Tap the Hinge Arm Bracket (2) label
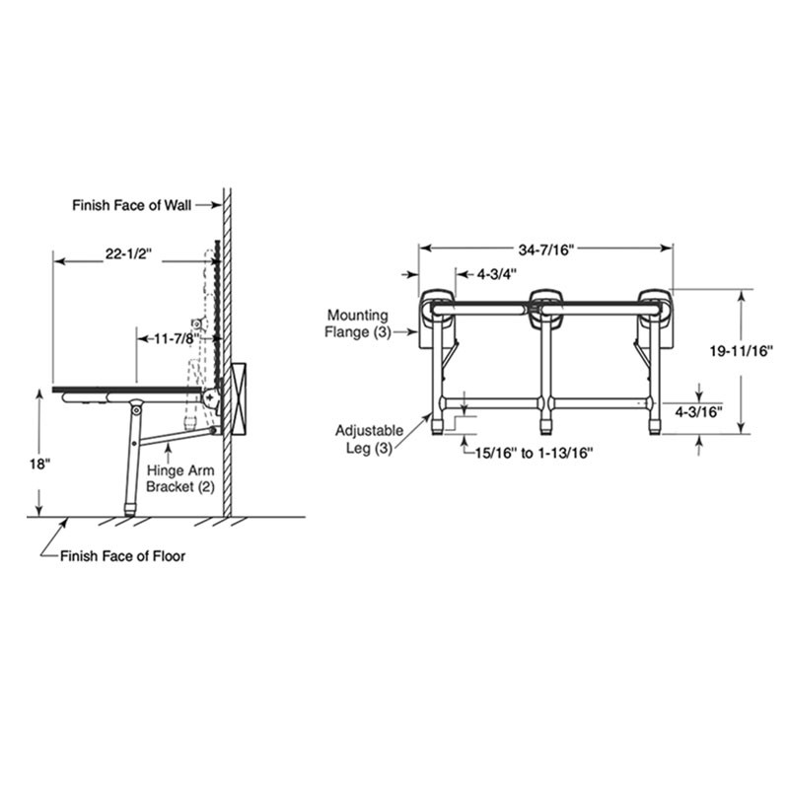[x=179, y=478]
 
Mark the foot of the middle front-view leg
[x=545, y=428]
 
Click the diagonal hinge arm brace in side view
[x=178, y=426]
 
